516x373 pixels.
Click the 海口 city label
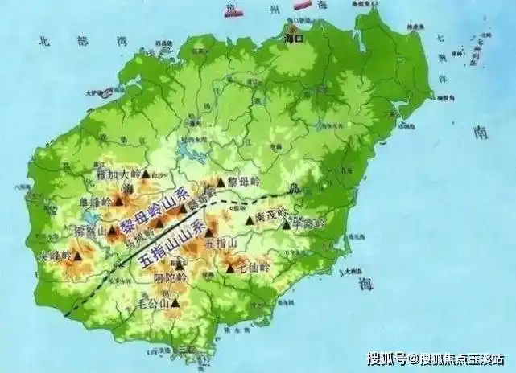292,37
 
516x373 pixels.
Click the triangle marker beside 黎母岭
221,182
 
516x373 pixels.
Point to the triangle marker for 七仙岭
231,268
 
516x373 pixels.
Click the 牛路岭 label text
308,223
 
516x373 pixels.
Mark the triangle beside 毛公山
175,303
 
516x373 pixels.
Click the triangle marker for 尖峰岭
80,255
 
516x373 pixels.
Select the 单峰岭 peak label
94,201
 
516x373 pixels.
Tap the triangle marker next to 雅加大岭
146,172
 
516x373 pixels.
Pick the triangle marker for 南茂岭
249,218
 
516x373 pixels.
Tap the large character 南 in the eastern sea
481,133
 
